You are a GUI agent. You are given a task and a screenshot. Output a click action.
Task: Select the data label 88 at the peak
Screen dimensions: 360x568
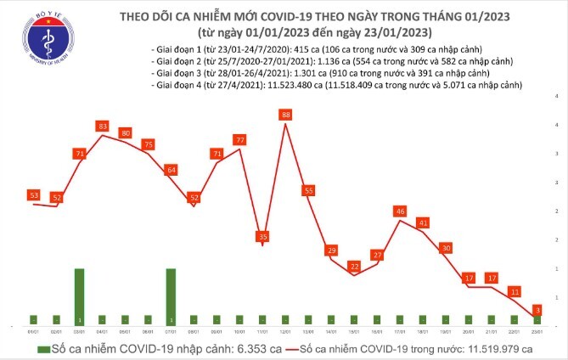[286, 115]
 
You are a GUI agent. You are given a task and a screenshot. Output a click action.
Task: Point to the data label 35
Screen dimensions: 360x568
[263, 236]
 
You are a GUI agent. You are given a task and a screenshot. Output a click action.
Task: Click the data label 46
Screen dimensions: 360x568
[400, 211]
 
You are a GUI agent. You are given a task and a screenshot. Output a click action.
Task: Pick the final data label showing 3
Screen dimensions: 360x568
[537, 310]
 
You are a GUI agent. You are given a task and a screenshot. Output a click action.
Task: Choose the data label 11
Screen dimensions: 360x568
[515, 291]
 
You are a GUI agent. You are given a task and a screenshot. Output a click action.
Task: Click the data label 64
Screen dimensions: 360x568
[171, 170]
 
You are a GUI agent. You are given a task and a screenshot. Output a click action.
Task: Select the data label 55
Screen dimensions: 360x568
[309, 190]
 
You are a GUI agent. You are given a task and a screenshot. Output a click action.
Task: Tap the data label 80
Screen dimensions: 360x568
[125, 133]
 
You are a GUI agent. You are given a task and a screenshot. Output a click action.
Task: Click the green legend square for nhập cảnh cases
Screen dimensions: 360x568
[42, 349]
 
